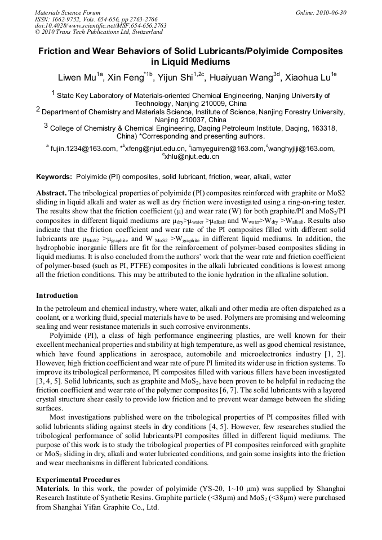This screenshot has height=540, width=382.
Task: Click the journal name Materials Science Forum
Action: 68,12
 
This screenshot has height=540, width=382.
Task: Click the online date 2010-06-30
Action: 330,12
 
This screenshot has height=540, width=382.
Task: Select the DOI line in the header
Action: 100,25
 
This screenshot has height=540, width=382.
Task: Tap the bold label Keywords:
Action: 54,176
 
